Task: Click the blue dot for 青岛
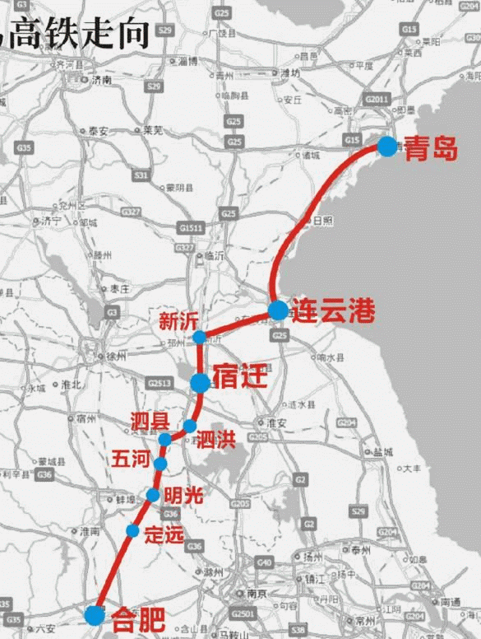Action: tap(387, 147)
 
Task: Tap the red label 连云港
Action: tap(334, 311)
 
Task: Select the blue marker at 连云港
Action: tap(278, 310)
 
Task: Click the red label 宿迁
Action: tap(240, 379)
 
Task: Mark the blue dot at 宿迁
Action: tap(200, 383)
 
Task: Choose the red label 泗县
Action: tap(150, 421)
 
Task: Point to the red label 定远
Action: tap(164, 534)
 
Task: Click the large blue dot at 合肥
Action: tap(95, 614)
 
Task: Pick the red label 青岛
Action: tap(432, 148)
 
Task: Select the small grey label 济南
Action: tap(102, 80)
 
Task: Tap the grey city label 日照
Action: tap(323, 221)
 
